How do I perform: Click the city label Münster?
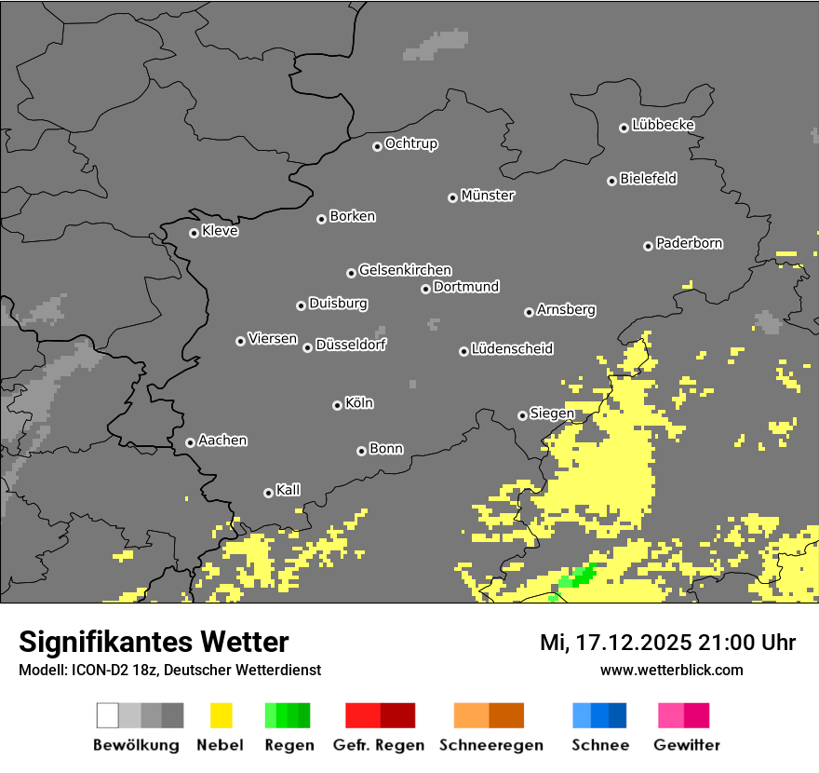coord(488,196)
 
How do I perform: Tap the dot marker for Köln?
coord(337,405)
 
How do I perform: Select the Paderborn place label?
coord(690,243)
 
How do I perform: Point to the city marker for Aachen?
coord(190,442)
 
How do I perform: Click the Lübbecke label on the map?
coord(664,125)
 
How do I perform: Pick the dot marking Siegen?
coord(522,415)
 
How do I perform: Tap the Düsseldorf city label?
coord(351,345)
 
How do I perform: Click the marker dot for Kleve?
coord(194,233)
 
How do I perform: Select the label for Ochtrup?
coord(411,143)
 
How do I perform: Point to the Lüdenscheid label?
coord(512,348)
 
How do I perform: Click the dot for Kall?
coord(268,493)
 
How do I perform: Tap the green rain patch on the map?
coord(582,576)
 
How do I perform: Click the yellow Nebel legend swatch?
coord(221,715)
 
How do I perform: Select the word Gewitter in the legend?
coord(686,745)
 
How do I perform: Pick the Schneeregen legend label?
coord(490,745)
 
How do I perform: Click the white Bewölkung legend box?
coord(108,715)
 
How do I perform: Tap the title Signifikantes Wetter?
coord(154,642)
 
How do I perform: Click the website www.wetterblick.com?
coord(672,670)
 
